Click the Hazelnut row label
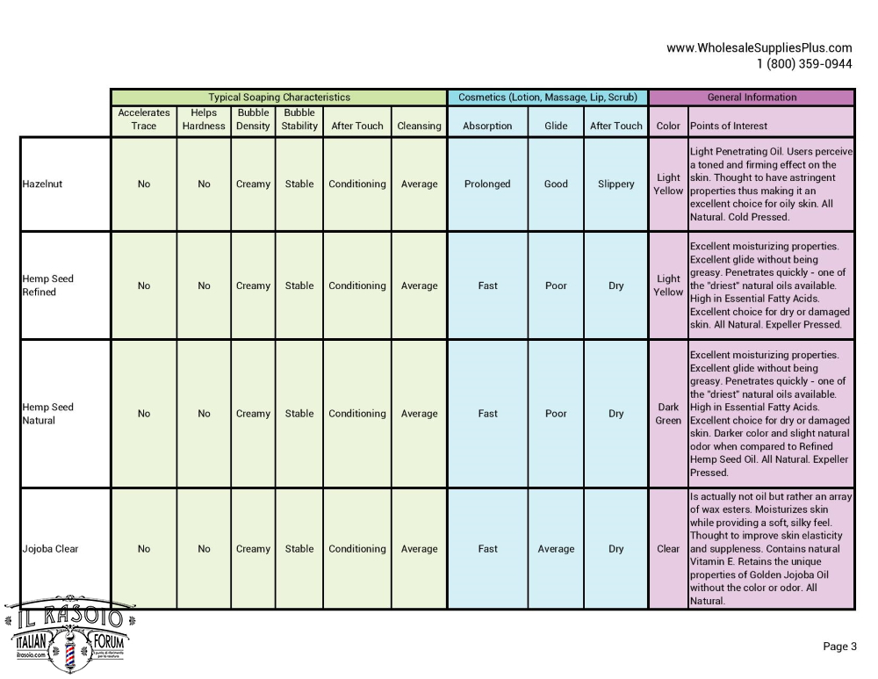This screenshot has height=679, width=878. pyautogui.click(x=42, y=184)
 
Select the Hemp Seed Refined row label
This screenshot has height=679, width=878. pyautogui.click(x=47, y=285)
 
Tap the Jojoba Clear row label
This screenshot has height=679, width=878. pyautogui.click(x=50, y=549)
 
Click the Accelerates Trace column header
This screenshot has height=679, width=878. pyautogui.click(x=144, y=119)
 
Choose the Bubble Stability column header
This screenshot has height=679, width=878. pyautogui.click(x=299, y=119)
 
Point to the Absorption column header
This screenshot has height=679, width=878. pyautogui.click(x=487, y=126)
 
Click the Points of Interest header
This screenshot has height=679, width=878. pyautogui.click(x=729, y=126)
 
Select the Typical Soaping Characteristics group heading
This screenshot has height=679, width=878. pyautogui.click(x=278, y=98)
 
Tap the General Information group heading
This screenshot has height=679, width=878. pyautogui.click(x=752, y=98)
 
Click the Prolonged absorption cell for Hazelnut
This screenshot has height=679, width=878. pyautogui.click(x=487, y=184)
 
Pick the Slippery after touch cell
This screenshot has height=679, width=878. pyautogui.click(x=616, y=184)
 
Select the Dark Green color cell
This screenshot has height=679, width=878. pyautogui.click(x=668, y=414)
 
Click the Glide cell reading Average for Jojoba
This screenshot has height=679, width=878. pyautogui.click(x=556, y=549)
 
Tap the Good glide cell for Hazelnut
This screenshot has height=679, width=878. pyautogui.click(x=556, y=184)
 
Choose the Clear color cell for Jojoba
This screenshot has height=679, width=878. pyautogui.click(x=668, y=549)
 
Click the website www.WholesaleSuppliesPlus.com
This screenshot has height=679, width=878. pyautogui.click(x=759, y=48)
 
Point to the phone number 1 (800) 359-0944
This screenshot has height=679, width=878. pyautogui.click(x=804, y=63)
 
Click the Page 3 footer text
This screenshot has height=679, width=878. pyautogui.click(x=839, y=646)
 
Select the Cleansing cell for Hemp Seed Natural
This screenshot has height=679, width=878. pyautogui.click(x=419, y=414)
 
